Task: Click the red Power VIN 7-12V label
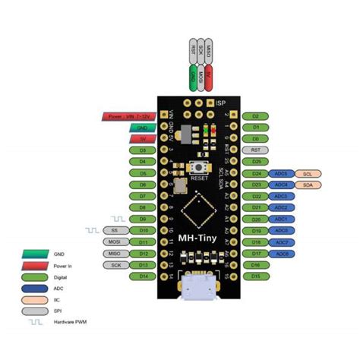[x=127, y=116]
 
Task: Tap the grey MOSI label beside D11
[x=115, y=242]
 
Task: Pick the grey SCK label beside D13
[x=115, y=264]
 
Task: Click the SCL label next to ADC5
[x=306, y=173]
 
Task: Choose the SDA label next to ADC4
[x=306, y=185]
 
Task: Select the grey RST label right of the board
[x=255, y=150]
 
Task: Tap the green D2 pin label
[x=255, y=116]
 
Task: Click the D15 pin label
[x=255, y=276]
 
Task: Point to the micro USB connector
[x=197, y=287]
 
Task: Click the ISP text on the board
[x=221, y=103]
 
